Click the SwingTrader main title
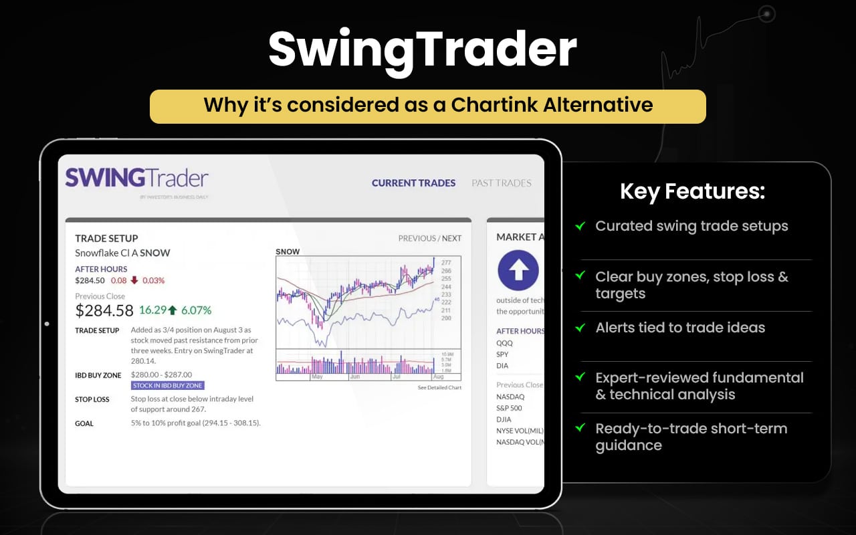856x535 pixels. (423, 49)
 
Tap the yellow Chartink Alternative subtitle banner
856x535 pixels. (428, 106)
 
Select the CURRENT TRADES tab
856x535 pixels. (413, 183)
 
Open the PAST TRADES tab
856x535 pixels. (502, 183)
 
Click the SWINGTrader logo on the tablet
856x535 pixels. (136, 178)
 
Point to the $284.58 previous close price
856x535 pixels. (104, 310)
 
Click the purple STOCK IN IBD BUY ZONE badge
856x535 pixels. (168, 385)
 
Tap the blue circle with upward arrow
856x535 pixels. (518, 270)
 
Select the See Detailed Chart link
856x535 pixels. (439, 388)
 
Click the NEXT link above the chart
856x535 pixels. (451, 238)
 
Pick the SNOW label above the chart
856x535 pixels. (288, 251)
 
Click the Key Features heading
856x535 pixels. (692, 192)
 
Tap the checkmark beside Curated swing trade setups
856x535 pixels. (580, 226)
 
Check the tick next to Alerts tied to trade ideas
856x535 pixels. (580, 328)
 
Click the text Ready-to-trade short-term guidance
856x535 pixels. (691, 437)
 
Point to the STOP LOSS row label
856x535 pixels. (92, 399)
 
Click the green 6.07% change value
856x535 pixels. (197, 310)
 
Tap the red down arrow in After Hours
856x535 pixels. (135, 280)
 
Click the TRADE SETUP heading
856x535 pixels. (106, 238)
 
